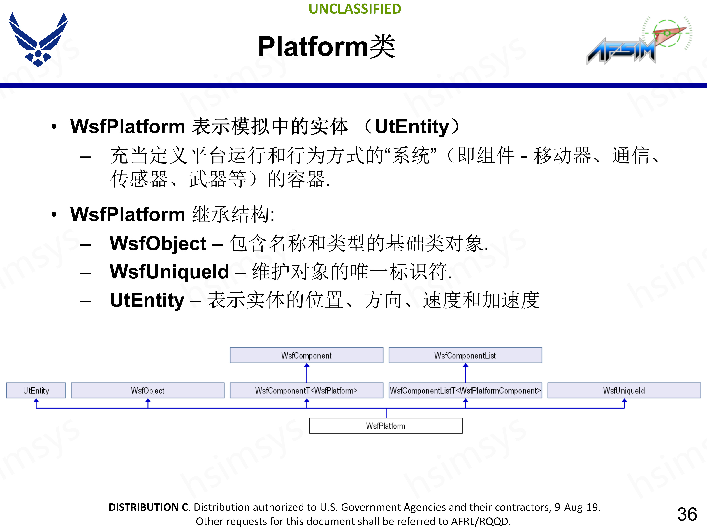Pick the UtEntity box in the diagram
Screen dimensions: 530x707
pos(36,390)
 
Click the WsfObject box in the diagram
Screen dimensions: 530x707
pos(148,390)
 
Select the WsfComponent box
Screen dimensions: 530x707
pos(306,355)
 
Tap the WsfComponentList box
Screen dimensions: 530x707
pos(465,355)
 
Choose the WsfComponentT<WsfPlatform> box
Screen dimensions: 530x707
pos(306,390)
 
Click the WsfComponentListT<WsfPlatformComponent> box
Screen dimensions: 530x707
pos(465,390)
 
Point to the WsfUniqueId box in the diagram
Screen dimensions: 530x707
pos(624,390)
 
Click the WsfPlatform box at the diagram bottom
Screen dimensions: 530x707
pos(386,426)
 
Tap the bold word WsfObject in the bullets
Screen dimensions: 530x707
pos(158,243)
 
